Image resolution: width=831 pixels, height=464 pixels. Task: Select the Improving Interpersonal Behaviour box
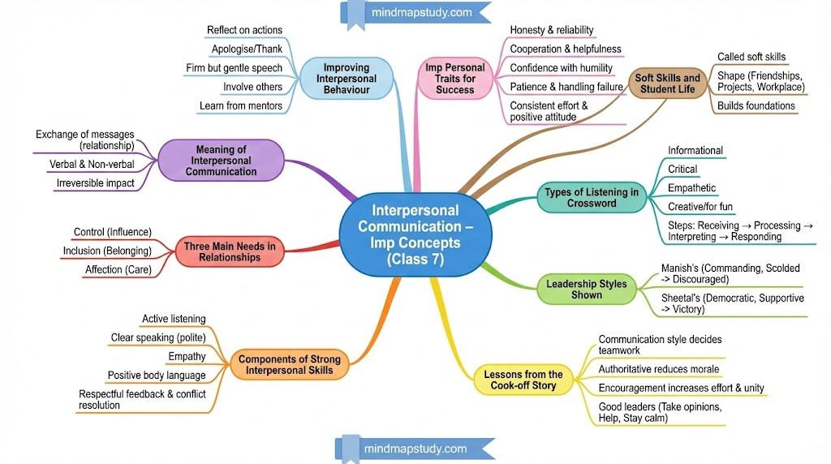coord(346,79)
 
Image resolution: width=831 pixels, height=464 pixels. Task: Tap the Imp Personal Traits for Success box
coord(454,79)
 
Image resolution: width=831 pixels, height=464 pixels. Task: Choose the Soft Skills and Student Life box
coord(667,84)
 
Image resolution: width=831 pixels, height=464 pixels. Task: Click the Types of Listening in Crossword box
coord(591,198)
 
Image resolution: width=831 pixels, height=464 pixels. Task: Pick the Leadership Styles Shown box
coord(586,290)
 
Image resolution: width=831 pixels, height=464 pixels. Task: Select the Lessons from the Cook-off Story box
coord(523,380)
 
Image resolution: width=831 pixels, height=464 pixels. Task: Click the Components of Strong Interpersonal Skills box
coord(290,365)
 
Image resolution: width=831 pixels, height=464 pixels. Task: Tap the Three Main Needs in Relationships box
coord(229,252)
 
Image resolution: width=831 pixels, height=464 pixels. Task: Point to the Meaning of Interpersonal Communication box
coord(221,160)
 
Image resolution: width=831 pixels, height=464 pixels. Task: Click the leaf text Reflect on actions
coord(244,30)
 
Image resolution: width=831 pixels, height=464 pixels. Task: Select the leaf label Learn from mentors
coord(241,105)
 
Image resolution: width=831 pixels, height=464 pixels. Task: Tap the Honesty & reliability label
coord(551,30)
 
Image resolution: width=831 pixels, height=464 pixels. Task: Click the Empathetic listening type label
coord(691,188)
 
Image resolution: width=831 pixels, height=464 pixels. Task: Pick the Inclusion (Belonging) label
coord(107,251)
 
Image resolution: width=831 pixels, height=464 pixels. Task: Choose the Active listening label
coord(174,319)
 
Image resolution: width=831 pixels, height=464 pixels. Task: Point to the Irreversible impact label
coord(95,183)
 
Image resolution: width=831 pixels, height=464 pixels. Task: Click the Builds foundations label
coord(756,105)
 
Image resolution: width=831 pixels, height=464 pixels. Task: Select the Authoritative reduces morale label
coord(658,369)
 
